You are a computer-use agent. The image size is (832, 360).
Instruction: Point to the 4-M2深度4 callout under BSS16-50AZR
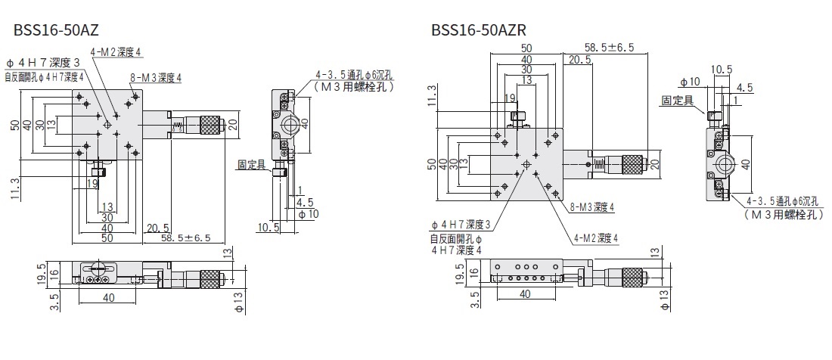[x=595, y=237]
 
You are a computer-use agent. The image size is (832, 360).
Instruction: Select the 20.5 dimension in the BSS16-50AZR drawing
[x=580, y=59]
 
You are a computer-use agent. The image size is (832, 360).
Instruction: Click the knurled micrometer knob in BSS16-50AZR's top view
[x=632, y=162]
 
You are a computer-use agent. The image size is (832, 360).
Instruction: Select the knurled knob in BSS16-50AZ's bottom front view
[x=210, y=276]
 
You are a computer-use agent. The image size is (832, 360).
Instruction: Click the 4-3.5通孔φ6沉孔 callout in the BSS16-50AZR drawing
[x=784, y=202]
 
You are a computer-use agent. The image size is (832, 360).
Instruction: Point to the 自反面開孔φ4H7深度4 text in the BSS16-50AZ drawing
[x=44, y=76]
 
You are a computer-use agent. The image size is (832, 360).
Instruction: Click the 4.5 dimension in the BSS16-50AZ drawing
[x=306, y=203]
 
